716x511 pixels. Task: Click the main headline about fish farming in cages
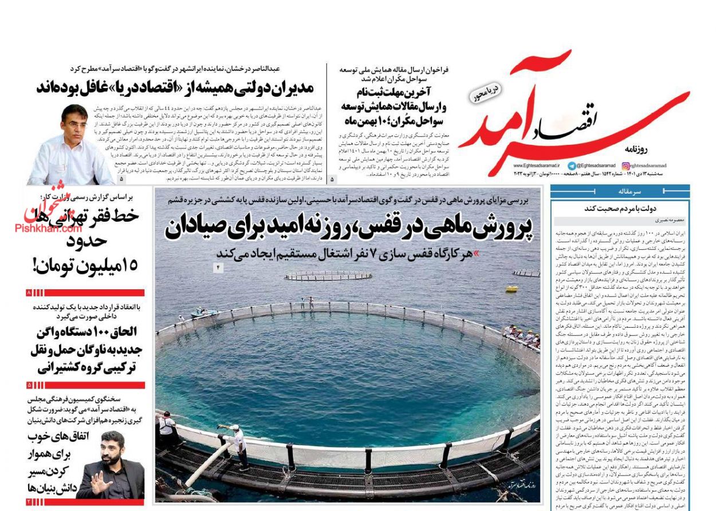pyautogui.click(x=349, y=227)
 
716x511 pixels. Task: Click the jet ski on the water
pyautogui.click(x=205, y=313)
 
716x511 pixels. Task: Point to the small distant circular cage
pyautogui.click(x=328, y=276)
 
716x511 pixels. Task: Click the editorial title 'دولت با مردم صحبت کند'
pyautogui.click(x=620, y=209)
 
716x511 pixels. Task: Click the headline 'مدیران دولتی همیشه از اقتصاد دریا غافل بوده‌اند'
pyautogui.click(x=175, y=88)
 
